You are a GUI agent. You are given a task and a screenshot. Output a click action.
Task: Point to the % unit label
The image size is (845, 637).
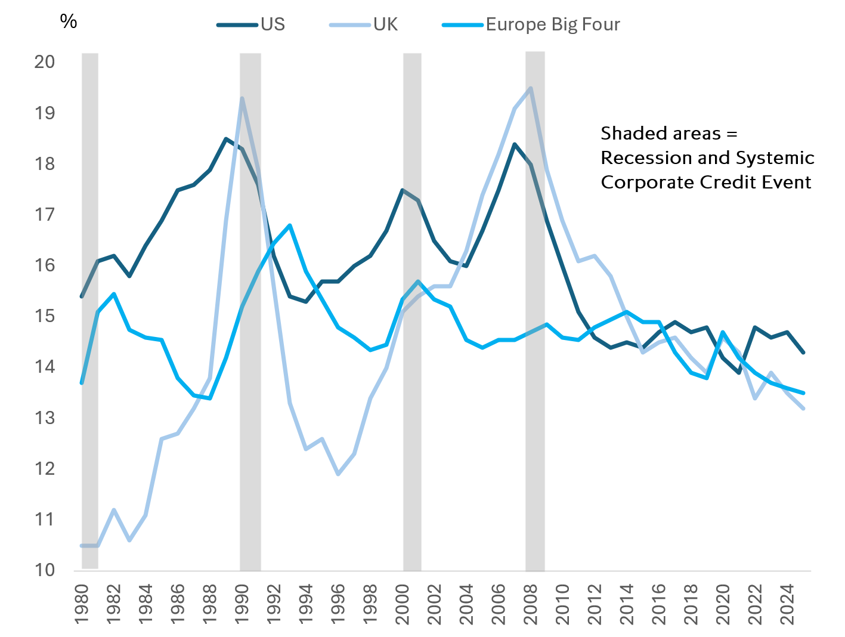[x=69, y=21]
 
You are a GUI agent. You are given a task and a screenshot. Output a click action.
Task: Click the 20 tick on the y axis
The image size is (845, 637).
[x=45, y=61]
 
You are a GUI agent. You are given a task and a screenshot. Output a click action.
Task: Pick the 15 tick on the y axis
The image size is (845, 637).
[x=45, y=316]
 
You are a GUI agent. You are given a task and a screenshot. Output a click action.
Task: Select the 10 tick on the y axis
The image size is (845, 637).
[x=45, y=570]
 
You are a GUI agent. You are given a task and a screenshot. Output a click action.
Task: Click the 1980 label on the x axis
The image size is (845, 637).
[x=82, y=604]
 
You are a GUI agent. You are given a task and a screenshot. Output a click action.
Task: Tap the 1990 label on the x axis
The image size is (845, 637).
[x=242, y=604]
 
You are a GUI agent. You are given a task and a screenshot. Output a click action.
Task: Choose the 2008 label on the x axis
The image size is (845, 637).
[x=531, y=604]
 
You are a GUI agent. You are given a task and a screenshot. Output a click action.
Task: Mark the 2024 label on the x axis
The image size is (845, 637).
[x=787, y=604]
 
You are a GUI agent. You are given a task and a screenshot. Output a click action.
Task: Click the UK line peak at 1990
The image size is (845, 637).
[x=242, y=98]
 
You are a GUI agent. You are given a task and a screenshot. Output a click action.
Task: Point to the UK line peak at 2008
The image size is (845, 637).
[x=531, y=88]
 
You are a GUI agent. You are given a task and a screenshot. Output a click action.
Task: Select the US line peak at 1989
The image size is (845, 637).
[x=225, y=139]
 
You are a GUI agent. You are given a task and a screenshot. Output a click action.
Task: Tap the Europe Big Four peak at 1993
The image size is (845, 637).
[x=290, y=225]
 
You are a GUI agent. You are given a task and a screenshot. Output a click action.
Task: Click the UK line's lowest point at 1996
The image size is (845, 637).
[x=338, y=474]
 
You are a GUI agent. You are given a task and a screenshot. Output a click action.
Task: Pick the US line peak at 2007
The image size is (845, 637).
[x=514, y=144]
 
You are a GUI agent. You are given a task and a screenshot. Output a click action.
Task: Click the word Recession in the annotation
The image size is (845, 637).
[x=639, y=158]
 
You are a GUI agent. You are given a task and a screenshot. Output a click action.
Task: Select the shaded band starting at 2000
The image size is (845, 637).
[x=412, y=310]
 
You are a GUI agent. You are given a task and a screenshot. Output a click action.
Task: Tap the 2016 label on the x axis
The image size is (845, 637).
[x=659, y=604]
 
